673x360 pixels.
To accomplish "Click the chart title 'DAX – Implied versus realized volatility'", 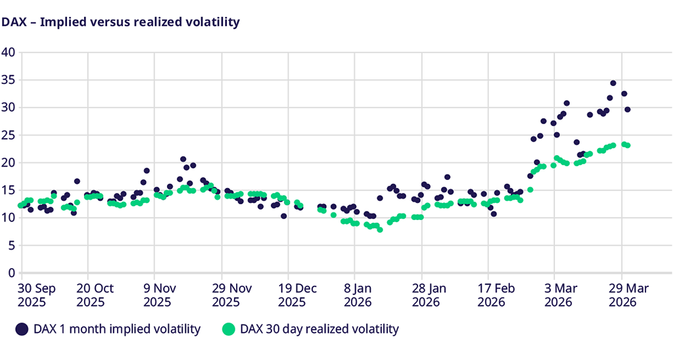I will (120, 22).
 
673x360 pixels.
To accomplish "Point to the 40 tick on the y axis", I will (8, 52).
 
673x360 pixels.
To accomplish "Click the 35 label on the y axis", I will (8, 79).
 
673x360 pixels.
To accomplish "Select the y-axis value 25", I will (8, 135).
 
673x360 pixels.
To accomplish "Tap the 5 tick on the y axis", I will (11, 245).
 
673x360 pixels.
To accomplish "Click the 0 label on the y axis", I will (11, 273).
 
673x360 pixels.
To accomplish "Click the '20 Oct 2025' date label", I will (95, 294).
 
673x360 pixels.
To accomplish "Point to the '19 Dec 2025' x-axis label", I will (292, 294).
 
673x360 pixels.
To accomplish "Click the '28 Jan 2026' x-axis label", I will (427, 294).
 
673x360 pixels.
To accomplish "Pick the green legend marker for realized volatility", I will (228, 328).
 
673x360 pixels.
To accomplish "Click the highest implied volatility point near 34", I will (613, 83).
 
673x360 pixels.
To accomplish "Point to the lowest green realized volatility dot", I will (380, 230).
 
